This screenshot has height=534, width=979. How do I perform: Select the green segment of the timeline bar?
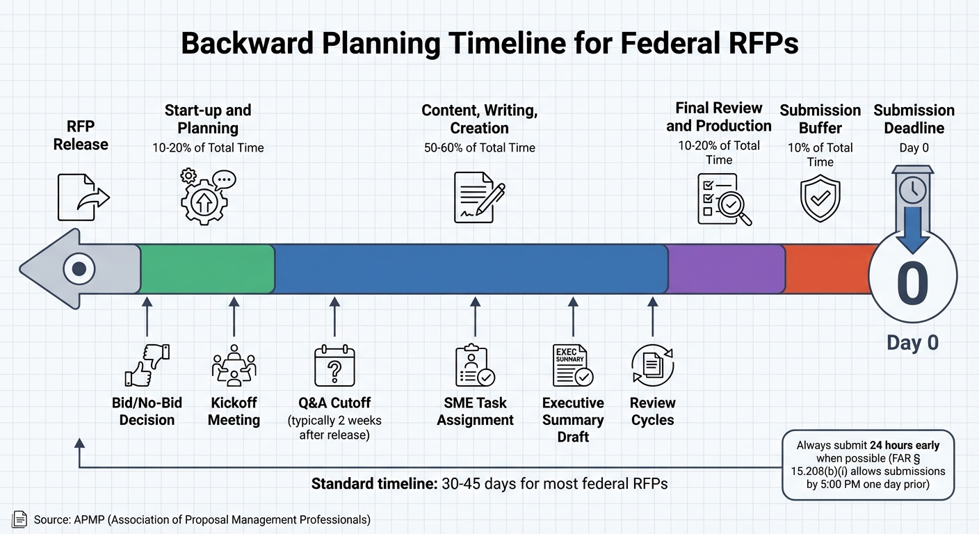(x=207, y=268)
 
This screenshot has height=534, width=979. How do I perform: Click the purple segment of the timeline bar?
(x=725, y=268)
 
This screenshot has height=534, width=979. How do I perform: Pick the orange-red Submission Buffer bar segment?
(x=827, y=268)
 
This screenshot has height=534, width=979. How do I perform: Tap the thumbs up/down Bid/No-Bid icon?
(x=147, y=365)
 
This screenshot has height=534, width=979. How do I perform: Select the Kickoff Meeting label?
(x=234, y=412)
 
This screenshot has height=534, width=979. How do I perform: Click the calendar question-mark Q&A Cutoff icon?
(x=334, y=366)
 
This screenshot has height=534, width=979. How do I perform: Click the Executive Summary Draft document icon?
(x=572, y=365)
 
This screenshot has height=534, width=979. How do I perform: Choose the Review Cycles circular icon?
(x=652, y=365)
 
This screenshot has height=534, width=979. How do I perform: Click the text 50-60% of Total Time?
(x=479, y=147)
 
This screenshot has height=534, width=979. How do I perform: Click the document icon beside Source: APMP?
(x=20, y=519)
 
